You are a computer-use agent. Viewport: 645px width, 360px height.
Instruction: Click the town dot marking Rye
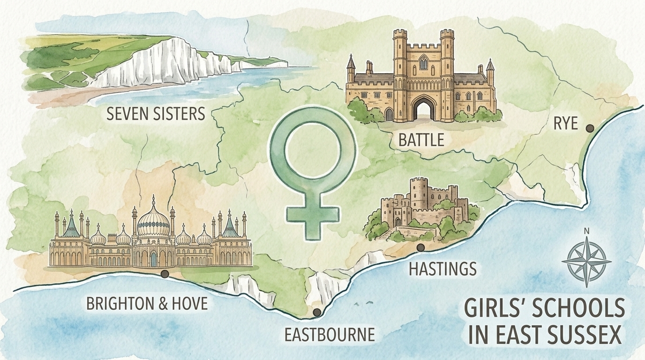pyautogui.click(x=590, y=128)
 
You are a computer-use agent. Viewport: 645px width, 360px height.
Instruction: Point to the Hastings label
pyautogui.click(x=442, y=269)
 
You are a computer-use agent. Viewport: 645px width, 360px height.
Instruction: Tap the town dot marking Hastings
pyautogui.click(x=420, y=247)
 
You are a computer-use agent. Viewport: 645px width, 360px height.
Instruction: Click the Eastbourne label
pyautogui.click(x=330, y=334)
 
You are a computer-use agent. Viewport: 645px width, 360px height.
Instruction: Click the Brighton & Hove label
pyautogui.click(x=147, y=303)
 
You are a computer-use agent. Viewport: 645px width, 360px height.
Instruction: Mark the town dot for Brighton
pyautogui.click(x=164, y=274)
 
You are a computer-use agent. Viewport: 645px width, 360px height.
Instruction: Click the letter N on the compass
pyautogui.click(x=586, y=231)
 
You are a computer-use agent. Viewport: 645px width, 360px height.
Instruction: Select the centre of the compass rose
pyautogui.click(x=586, y=260)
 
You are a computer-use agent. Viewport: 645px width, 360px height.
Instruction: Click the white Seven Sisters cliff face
pyautogui.click(x=155, y=63)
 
